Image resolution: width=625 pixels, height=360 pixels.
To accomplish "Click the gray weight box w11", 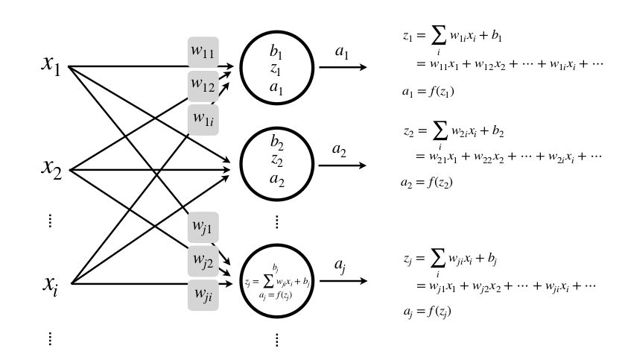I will (x=203, y=52).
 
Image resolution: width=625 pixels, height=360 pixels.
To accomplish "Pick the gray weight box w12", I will (x=203, y=86).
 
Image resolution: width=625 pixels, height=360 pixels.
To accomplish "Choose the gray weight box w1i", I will (x=203, y=116).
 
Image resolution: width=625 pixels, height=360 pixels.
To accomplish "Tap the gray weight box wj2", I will (x=203, y=260).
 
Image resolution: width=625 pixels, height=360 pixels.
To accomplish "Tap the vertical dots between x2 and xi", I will (x=49, y=221).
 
